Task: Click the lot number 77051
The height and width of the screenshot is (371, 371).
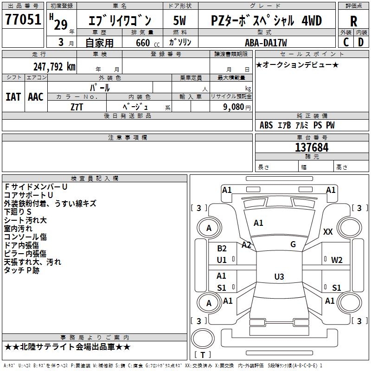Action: coord(23,19)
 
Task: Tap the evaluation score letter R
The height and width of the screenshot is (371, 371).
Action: coord(353,21)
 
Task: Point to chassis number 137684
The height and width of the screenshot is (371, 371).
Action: coord(312,147)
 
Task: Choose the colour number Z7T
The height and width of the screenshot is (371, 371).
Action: coord(77,107)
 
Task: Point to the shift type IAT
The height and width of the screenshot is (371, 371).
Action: coord(13,97)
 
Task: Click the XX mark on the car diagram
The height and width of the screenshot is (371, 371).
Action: coord(328,232)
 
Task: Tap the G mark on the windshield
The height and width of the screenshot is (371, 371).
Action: coord(293,244)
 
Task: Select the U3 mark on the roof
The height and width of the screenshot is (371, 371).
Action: coord(279,277)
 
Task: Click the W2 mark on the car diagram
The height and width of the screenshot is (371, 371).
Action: coord(337,260)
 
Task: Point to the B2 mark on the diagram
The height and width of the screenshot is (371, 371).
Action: coord(222,249)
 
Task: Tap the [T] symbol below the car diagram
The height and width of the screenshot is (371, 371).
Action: coord(202,355)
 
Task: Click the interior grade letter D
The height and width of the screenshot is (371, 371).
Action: coord(361,42)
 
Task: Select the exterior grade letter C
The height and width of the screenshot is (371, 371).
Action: coord(346,42)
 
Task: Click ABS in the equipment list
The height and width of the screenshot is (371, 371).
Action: coord(266,125)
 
